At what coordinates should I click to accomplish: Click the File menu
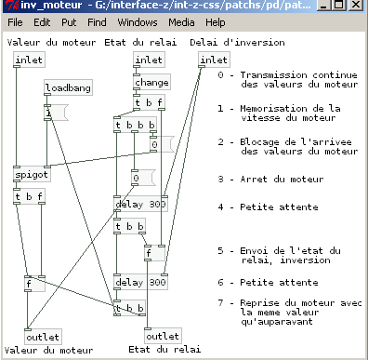click(x=16, y=21)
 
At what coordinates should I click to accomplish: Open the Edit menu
click(x=43, y=21)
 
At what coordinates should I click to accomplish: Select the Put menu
click(x=68, y=21)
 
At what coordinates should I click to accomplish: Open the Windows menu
click(x=137, y=21)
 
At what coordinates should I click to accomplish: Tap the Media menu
click(x=180, y=21)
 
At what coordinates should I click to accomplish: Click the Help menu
click(x=215, y=21)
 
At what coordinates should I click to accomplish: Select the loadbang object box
click(x=67, y=88)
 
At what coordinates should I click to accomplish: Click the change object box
click(x=151, y=82)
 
